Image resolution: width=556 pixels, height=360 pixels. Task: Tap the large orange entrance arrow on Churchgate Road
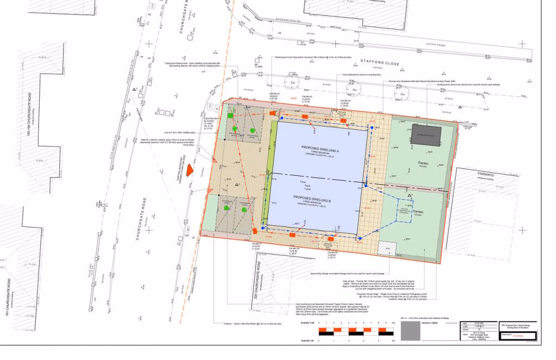[190, 170]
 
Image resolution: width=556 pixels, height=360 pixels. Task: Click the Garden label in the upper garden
[424, 163]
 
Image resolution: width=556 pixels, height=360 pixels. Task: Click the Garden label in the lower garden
[418, 213]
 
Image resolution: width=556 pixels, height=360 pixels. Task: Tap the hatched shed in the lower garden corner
[387, 247]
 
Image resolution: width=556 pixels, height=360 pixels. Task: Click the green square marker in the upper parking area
[230, 116]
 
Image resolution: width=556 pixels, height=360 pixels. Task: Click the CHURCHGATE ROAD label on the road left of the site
[132, 217]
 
